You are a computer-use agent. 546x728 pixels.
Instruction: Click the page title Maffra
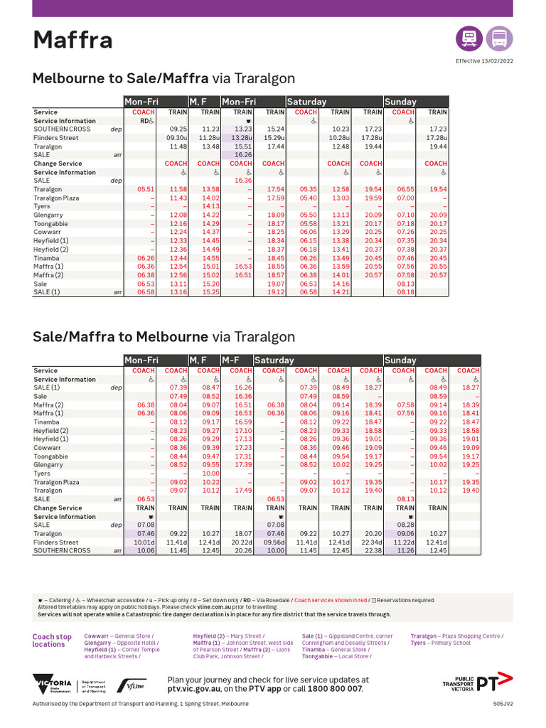(x=73, y=40)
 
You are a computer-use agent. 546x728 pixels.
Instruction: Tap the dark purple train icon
(x=469, y=38)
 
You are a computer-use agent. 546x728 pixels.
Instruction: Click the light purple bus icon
(x=499, y=38)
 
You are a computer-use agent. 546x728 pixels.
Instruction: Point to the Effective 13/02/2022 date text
(x=484, y=61)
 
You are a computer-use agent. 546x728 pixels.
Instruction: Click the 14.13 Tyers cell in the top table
(x=210, y=206)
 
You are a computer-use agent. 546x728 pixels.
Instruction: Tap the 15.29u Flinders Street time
(x=274, y=138)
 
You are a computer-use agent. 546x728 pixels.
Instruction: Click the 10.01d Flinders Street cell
(x=144, y=542)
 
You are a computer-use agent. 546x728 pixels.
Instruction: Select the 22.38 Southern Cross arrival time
(x=373, y=550)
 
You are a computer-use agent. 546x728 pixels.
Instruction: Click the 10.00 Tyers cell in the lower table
(x=210, y=473)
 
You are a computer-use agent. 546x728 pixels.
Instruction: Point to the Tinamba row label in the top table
(x=47, y=258)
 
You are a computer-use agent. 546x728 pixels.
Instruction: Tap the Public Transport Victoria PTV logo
(x=477, y=683)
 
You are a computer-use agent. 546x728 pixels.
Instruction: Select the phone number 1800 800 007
(x=334, y=689)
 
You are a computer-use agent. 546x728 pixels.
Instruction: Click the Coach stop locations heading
(x=52, y=641)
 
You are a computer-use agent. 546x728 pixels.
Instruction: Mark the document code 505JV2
(x=503, y=704)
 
